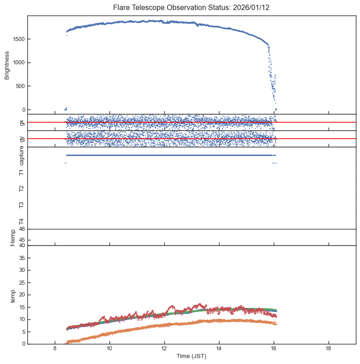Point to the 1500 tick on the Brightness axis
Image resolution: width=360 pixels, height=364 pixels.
tap(19, 39)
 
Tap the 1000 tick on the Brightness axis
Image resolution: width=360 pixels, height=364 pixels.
tap(19, 62)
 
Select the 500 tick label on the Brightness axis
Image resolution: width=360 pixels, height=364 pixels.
tap(21, 86)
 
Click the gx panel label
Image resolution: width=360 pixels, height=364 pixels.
tap(21, 122)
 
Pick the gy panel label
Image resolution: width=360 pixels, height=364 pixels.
tap(21, 139)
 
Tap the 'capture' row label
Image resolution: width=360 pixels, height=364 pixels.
tap(21, 155)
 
